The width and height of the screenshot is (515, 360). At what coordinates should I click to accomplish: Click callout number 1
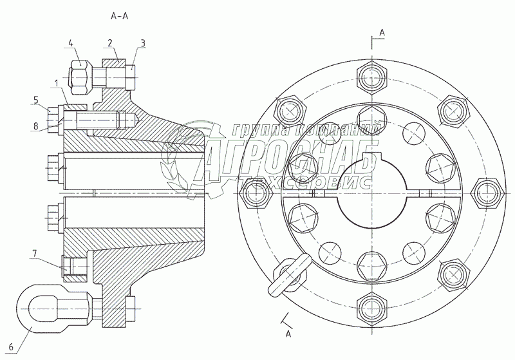(57, 82)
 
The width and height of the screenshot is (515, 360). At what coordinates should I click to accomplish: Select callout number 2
(111, 44)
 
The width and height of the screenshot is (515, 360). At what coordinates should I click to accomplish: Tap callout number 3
(144, 44)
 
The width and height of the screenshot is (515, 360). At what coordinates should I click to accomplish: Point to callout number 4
(71, 44)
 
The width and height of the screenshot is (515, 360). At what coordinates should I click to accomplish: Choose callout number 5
(37, 100)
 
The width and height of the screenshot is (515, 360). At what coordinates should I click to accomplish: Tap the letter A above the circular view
(382, 31)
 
